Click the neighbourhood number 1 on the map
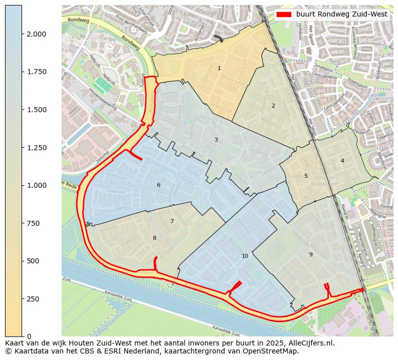pyautogui.click(x=219, y=68)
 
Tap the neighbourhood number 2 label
pyautogui.click(x=273, y=106)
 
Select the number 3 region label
pyautogui.click(x=216, y=140)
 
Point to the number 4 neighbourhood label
pyautogui.click(x=342, y=161)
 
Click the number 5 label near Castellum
pyautogui.click(x=306, y=176)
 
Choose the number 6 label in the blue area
pyautogui.click(x=158, y=185)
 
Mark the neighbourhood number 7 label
pyautogui.click(x=172, y=221)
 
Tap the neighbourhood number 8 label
pyautogui.click(x=154, y=238)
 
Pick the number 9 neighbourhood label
pyautogui.click(x=311, y=254)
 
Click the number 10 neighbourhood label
pyautogui.click(x=245, y=256)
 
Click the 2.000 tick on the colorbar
pyautogui.click(x=36, y=34)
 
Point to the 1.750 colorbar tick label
pyautogui.click(x=36, y=72)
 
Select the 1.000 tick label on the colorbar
pyautogui.click(x=36, y=185)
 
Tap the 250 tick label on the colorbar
pyautogui.click(x=33, y=299)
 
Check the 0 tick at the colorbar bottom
pyautogui.click(x=28, y=336)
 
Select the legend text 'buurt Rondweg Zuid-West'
pyautogui.click(x=341, y=15)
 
